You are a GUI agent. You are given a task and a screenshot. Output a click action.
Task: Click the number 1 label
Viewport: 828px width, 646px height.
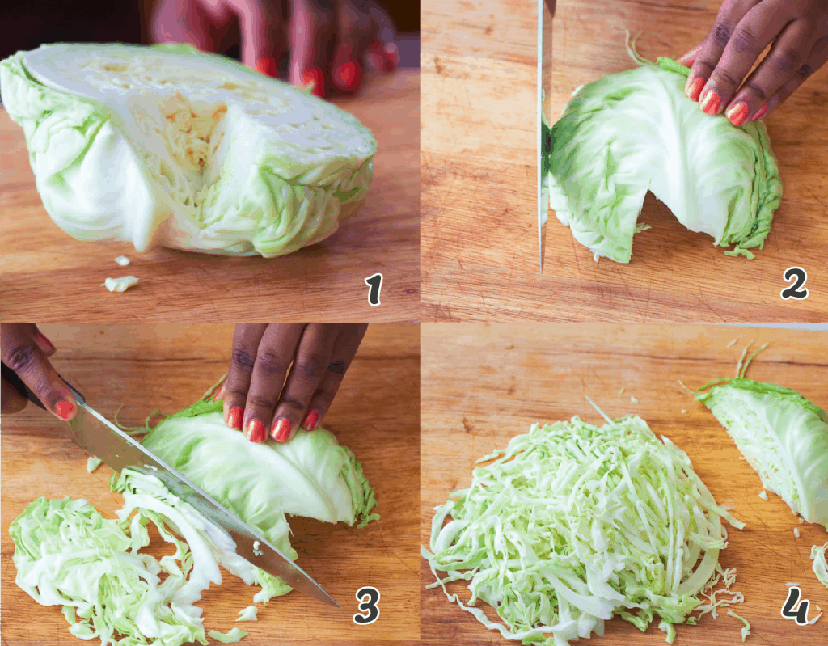[x=373, y=289]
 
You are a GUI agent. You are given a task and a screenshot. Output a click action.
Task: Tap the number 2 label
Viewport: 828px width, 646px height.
[x=794, y=284]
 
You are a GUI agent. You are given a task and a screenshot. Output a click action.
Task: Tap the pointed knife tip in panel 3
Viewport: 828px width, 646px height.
[x=333, y=603]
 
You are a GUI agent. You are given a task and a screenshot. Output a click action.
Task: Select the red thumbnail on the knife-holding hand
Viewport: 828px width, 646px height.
[x=64, y=410]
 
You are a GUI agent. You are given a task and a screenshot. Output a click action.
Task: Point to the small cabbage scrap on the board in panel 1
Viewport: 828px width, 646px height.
[x=120, y=283]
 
